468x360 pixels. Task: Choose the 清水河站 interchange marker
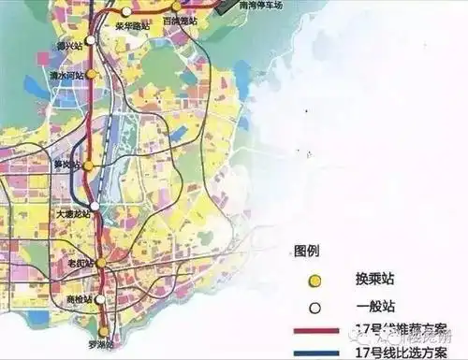point(91,74)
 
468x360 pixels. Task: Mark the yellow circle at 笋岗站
point(88,166)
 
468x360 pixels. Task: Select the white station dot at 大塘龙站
point(95,206)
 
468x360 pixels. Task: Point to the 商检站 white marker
point(101,299)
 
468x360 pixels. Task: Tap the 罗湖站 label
point(98,345)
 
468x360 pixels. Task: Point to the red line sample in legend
point(322,330)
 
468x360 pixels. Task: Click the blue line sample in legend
point(322,353)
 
